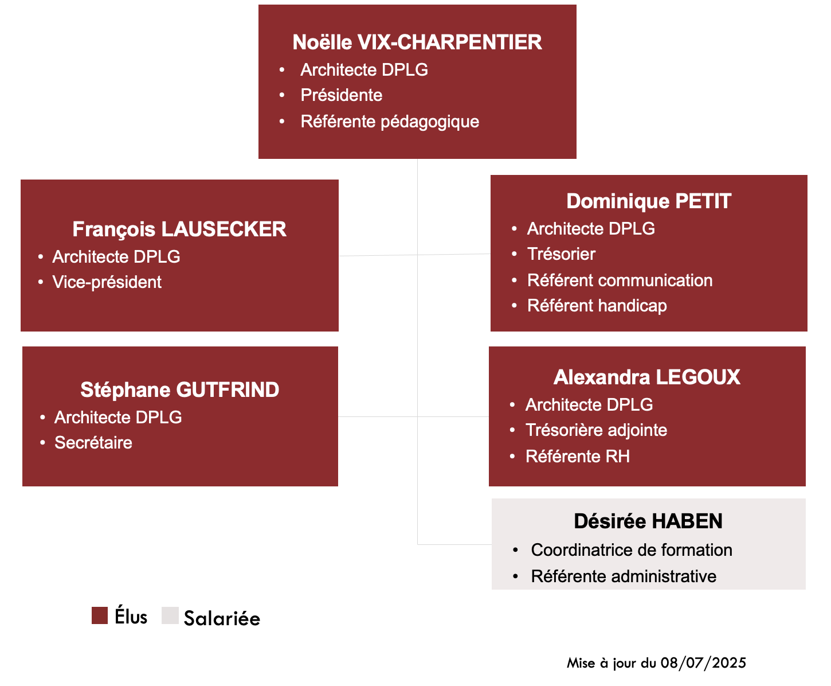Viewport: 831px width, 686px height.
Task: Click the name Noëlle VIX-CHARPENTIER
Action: tap(417, 42)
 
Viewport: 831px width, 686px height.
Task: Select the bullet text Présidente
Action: tap(341, 95)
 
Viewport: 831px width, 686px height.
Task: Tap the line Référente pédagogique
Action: tap(390, 122)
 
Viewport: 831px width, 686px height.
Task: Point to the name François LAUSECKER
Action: tap(179, 229)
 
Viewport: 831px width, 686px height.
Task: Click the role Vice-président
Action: tap(107, 282)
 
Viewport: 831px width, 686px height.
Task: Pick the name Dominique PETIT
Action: tap(649, 201)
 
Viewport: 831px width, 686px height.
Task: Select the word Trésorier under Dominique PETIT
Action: tap(561, 254)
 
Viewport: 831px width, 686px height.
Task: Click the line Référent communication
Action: tap(620, 280)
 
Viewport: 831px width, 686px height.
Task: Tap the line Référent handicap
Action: tap(597, 306)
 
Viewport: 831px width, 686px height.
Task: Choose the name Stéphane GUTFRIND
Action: tap(179, 389)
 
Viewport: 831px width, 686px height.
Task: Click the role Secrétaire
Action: tap(93, 443)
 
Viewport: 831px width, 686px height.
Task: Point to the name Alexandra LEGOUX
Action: tap(646, 377)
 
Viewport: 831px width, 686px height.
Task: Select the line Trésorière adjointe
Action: tap(596, 430)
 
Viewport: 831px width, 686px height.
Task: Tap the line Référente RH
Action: tap(578, 457)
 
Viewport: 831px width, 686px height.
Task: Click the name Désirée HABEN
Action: tap(648, 521)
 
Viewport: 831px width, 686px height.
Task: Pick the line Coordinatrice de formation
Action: tap(632, 550)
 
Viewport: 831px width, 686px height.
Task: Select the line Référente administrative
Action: tap(624, 576)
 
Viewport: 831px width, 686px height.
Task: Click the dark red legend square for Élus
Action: tap(100, 615)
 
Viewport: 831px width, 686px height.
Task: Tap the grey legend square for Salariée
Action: tap(170, 615)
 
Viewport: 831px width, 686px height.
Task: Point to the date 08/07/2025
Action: tap(703, 663)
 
